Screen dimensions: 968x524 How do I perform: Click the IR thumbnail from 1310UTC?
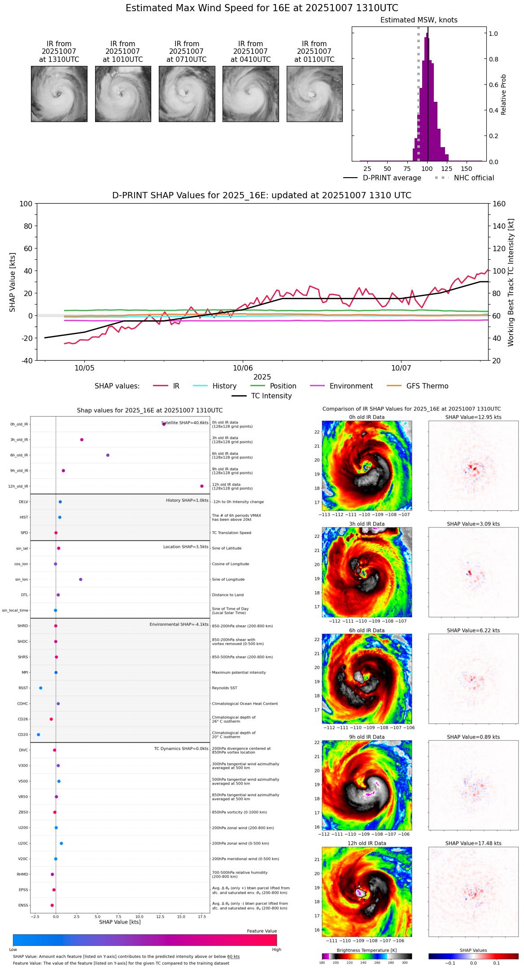[x=59, y=94]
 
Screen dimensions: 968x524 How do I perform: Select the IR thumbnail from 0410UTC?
[x=251, y=94]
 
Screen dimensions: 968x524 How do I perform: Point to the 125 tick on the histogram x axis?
[x=446, y=169]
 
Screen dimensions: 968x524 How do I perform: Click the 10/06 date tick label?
[x=243, y=368]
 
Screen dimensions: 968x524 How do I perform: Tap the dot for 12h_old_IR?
[x=202, y=486]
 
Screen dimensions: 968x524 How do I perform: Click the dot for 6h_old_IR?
[x=108, y=455]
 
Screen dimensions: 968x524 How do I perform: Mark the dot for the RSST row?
[x=41, y=688]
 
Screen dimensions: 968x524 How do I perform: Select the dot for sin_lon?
[x=81, y=580]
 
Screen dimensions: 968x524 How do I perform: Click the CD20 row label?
[x=23, y=735]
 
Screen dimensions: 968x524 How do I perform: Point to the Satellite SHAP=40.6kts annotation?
[x=185, y=423]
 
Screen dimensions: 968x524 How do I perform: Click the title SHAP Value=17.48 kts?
[x=473, y=843]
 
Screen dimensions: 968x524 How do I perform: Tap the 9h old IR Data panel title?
[x=367, y=737]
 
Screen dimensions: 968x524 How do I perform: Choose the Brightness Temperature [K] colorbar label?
[x=367, y=950]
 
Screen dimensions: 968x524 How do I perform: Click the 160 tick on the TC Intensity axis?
[x=499, y=204]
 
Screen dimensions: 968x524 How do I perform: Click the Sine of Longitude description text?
[x=228, y=580]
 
